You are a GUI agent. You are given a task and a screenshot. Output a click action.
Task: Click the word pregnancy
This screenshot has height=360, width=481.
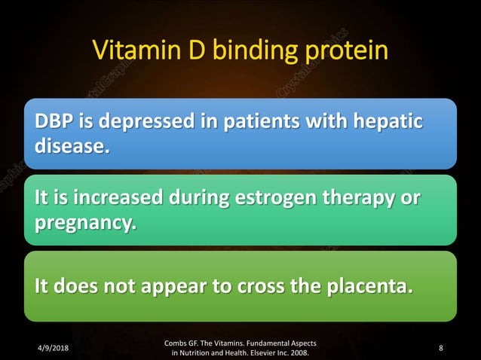tap(80, 222)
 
